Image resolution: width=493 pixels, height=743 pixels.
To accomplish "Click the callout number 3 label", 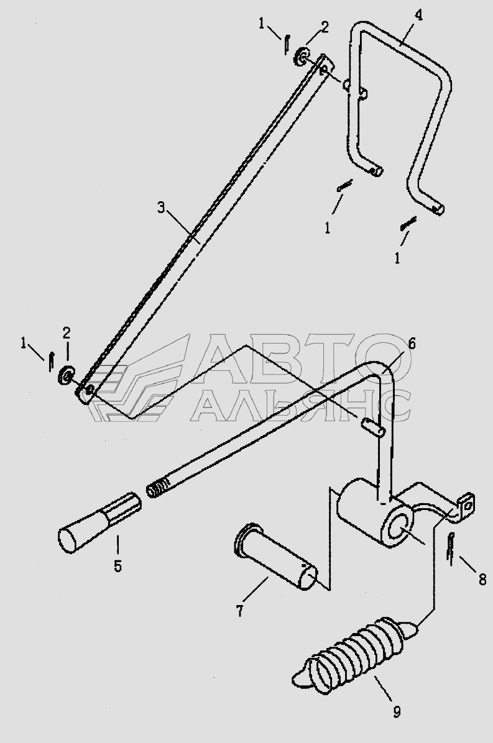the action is [x=162, y=207].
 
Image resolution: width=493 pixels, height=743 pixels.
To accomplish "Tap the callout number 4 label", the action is [x=418, y=15].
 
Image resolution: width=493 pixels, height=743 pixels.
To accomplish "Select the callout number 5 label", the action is [x=117, y=566].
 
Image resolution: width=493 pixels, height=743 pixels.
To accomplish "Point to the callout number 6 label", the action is [x=412, y=343].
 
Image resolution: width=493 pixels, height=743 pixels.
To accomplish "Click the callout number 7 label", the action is [x=239, y=611].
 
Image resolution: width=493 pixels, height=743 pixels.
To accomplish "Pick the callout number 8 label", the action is [x=482, y=579].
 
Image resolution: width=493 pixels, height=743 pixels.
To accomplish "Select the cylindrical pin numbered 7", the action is [x=275, y=556].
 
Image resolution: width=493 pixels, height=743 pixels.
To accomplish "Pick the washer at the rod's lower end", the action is [x=65, y=375].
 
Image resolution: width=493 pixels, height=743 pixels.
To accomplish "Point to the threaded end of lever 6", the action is [x=157, y=488].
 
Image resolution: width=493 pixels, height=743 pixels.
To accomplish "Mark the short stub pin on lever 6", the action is [x=372, y=427].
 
